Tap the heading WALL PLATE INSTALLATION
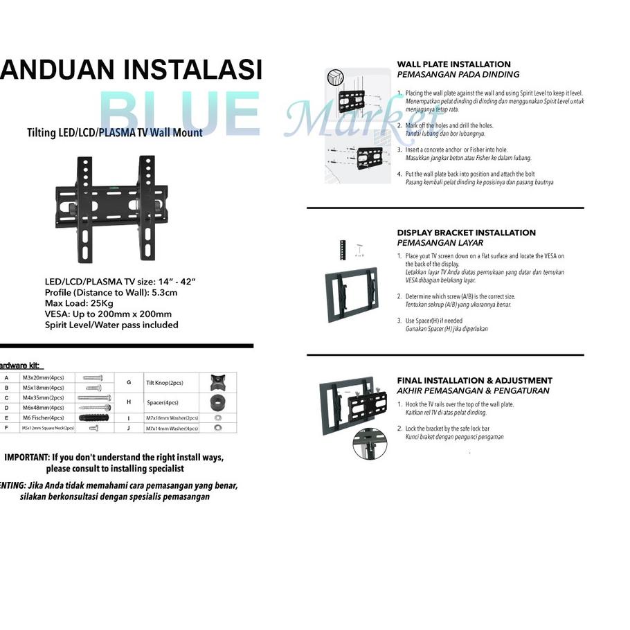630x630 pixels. pyautogui.click(x=453, y=64)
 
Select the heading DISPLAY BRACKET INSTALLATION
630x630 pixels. pyautogui.click(x=466, y=233)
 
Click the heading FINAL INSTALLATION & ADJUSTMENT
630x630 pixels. pyautogui.click(x=474, y=380)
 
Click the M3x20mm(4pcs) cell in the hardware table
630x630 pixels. pyautogui.click(x=43, y=377)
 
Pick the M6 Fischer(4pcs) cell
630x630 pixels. pyautogui.click(x=43, y=418)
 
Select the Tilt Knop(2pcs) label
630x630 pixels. pyautogui.click(x=164, y=383)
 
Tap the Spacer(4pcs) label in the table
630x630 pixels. pyautogui.click(x=162, y=402)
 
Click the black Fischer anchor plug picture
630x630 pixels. pyautogui.click(x=95, y=418)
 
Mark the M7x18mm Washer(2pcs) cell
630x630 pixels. pyautogui.click(x=172, y=419)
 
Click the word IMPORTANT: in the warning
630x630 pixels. pyautogui.click(x=27, y=458)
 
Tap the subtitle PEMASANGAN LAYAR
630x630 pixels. pyautogui.click(x=440, y=243)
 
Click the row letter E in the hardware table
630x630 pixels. pyautogui.click(x=6, y=418)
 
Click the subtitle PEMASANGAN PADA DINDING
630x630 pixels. pyautogui.click(x=458, y=75)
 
